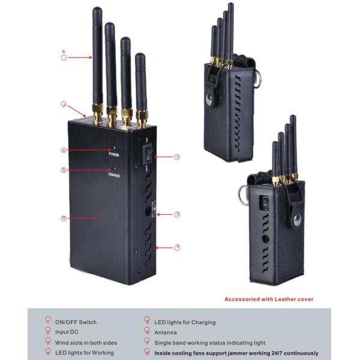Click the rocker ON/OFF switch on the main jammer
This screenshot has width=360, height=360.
click(148, 155)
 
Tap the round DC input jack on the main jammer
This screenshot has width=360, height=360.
click(148, 211)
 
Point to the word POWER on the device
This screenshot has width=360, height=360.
click(114, 154)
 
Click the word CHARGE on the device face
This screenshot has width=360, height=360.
click(114, 175)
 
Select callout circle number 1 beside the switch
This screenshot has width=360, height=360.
click(177, 157)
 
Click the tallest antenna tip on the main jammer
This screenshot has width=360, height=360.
click(97, 10)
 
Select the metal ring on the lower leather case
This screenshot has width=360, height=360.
click(241, 194)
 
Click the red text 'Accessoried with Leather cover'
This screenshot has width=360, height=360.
click(269, 299)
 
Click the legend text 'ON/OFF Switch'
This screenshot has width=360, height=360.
click(76, 322)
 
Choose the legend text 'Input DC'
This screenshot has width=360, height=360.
click(67, 332)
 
